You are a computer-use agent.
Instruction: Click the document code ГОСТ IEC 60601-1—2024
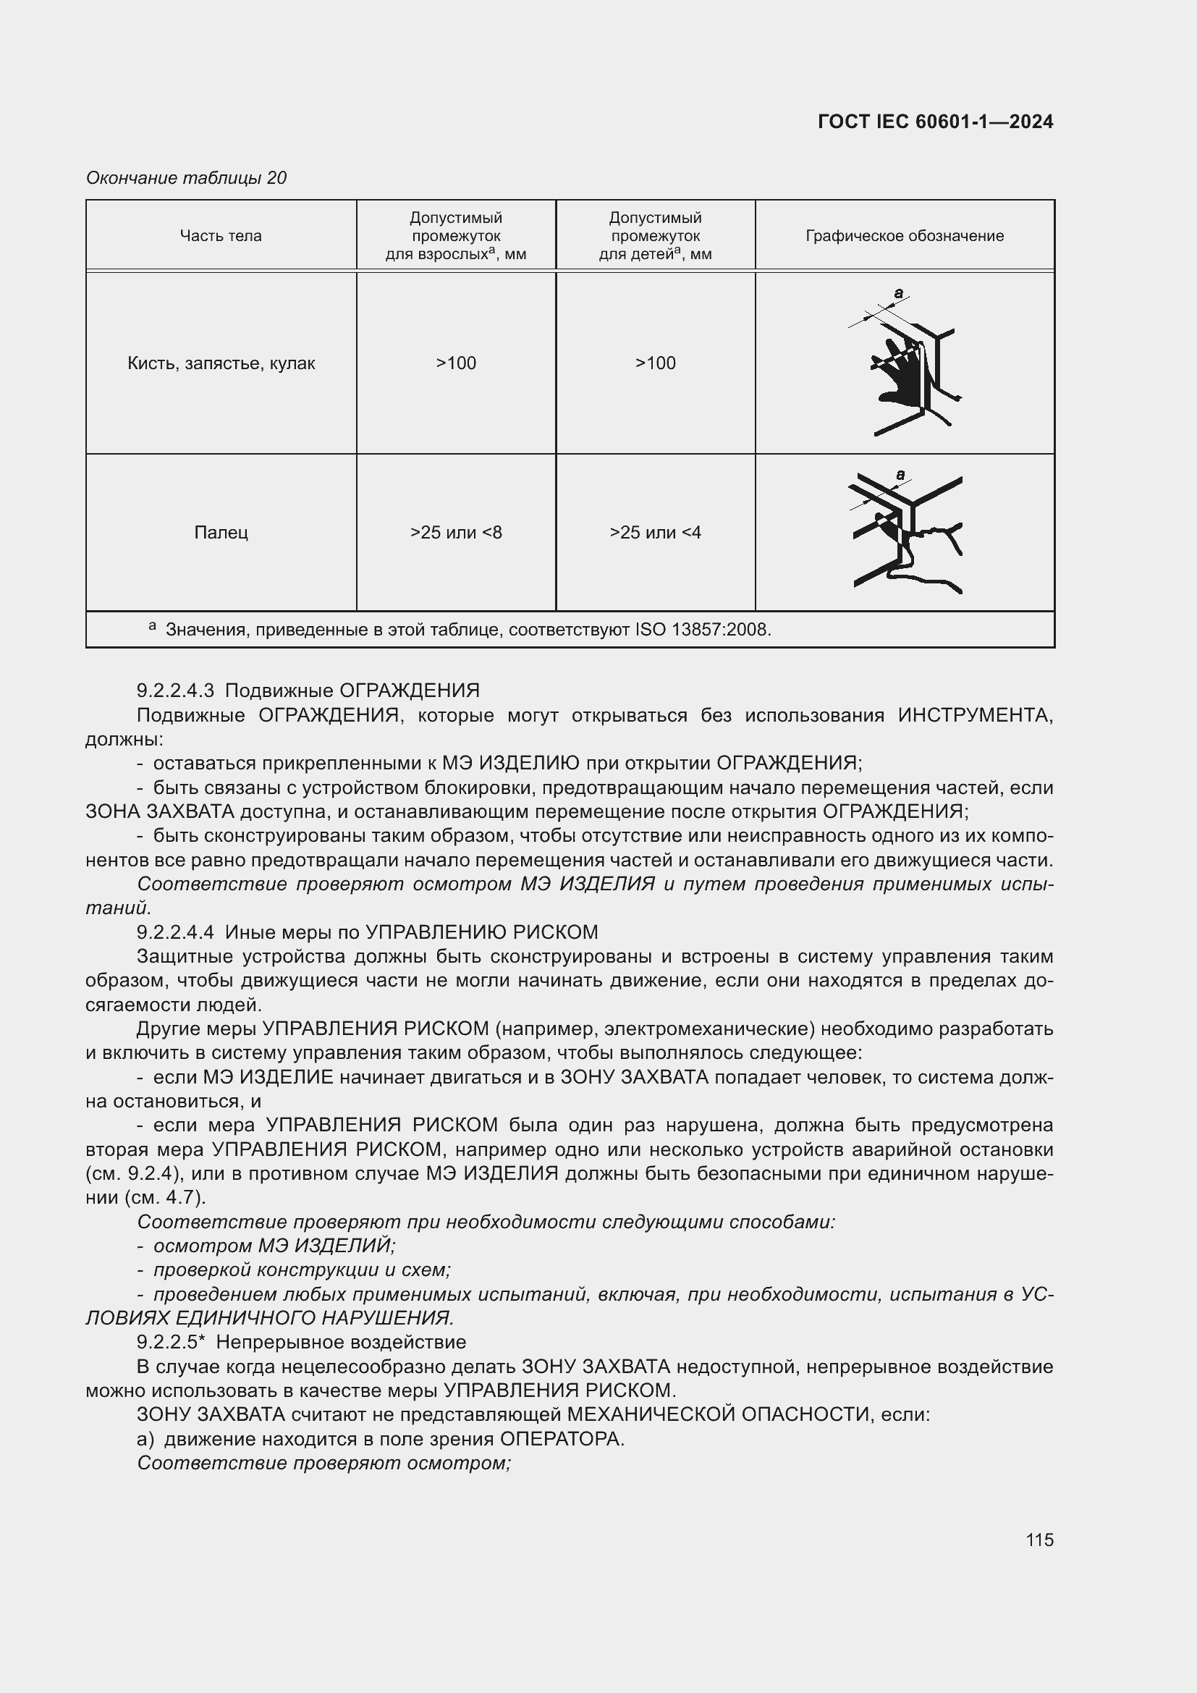click(934, 122)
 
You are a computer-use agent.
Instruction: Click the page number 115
click(1039, 1540)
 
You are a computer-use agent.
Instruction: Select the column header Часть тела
click(221, 236)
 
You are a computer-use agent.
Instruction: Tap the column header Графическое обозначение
click(905, 236)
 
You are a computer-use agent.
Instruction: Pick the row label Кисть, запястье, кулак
click(221, 363)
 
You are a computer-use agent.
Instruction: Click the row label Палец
click(221, 533)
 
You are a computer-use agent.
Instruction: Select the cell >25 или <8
click(455, 533)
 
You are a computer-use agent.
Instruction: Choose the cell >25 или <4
click(655, 533)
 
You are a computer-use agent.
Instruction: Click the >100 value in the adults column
click(455, 363)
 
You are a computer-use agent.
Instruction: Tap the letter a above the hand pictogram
click(899, 292)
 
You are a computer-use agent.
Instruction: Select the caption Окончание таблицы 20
click(187, 178)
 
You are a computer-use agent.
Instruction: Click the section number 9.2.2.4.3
click(175, 691)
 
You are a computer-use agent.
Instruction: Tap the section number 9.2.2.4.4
click(175, 933)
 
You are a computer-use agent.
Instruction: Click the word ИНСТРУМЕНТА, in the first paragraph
click(975, 715)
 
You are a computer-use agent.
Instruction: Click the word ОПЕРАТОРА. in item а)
click(562, 1439)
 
